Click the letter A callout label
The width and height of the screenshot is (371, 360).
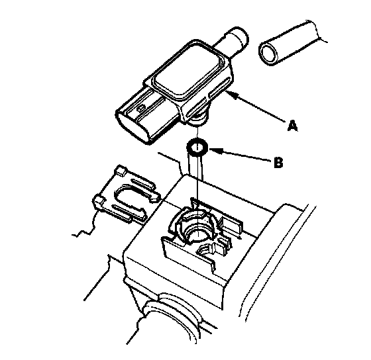(292, 125)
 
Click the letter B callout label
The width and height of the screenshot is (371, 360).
(278, 162)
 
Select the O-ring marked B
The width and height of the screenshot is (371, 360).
(197, 148)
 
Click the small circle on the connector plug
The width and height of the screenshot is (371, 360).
(141, 109)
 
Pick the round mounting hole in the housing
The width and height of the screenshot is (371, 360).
(195, 234)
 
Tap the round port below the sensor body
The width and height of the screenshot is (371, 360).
(197, 118)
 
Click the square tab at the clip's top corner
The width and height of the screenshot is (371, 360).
(121, 171)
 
